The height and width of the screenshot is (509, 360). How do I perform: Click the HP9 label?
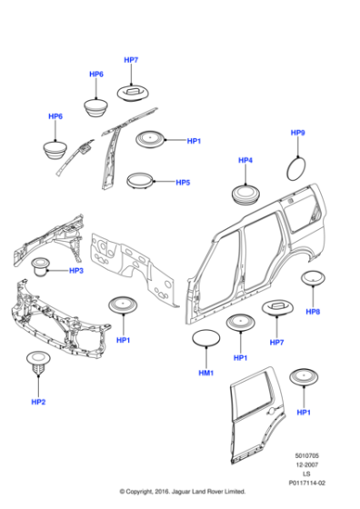[x=297, y=134]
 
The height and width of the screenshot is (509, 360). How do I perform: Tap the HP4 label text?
[x=245, y=161]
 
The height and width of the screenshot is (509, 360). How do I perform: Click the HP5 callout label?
[x=183, y=182]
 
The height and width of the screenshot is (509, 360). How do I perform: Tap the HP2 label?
[x=38, y=402]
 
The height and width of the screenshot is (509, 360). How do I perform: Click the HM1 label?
[x=206, y=374]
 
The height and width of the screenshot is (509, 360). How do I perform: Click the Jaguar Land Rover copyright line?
[x=179, y=499]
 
